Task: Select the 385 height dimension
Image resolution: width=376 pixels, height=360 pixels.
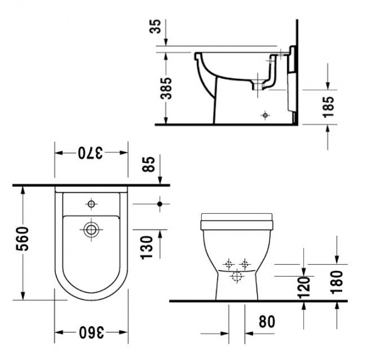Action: point(166,88)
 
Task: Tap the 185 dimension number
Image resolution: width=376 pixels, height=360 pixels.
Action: point(328,107)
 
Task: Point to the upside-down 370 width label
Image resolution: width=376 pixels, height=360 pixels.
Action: point(90,153)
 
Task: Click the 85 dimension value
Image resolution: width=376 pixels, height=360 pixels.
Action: point(148,164)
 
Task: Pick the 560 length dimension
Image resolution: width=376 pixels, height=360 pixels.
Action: point(23,239)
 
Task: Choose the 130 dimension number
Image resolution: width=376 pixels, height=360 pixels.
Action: point(147,248)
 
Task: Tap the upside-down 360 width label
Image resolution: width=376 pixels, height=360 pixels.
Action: point(91,332)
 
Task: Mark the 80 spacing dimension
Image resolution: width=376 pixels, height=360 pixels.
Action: point(267,321)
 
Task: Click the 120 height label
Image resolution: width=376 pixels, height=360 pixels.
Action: point(303,287)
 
